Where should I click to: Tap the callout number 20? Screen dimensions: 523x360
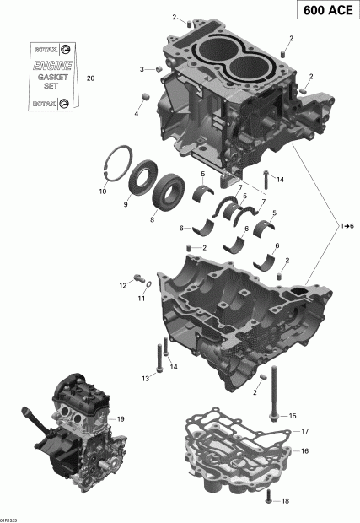point(90,78)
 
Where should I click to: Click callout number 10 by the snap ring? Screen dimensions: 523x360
point(103,191)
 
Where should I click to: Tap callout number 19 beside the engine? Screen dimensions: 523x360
point(121,419)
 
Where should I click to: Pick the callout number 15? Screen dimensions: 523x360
point(293,416)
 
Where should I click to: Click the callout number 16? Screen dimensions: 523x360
point(304,451)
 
